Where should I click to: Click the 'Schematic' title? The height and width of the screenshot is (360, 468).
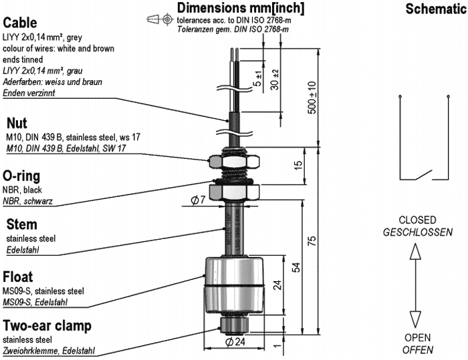[436, 9]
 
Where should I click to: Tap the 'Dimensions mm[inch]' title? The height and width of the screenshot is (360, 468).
[241, 8]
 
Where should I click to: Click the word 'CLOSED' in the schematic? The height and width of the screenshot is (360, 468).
[417, 220]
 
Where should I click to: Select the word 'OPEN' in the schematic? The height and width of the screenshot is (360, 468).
[418, 337]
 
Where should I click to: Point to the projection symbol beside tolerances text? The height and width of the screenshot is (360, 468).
[152, 20]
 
